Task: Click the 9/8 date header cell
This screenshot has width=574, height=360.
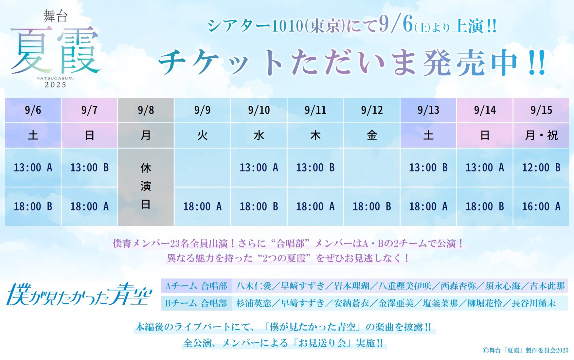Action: (x=146, y=110)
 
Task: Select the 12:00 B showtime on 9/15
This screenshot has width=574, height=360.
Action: (x=541, y=168)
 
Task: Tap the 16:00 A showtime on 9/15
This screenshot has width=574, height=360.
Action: (x=541, y=207)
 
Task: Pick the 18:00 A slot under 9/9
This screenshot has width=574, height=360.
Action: (x=202, y=207)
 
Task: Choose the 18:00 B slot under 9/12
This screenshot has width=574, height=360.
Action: (x=372, y=207)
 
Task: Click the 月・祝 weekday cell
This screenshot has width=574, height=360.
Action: (x=541, y=135)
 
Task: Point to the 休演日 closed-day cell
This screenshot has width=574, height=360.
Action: (x=146, y=187)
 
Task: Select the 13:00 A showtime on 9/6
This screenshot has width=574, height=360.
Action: (x=33, y=168)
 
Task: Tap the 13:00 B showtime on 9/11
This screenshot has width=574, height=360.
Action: (x=315, y=168)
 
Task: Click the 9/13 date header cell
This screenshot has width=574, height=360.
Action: (x=428, y=110)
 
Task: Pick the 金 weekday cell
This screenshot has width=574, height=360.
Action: (x=372, y=135)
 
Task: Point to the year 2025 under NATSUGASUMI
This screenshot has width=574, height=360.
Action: (x=56, y=85)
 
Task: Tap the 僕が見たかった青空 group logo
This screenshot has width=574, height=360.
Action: (x=79, y=294)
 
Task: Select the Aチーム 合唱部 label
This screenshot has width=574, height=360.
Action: (x=196, y=286)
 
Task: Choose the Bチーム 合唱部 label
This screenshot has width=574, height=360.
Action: (x=196, y=303)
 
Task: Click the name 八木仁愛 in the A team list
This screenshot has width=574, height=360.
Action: (x=254, y=286)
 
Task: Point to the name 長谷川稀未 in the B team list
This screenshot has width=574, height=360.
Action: (x=534, y=303)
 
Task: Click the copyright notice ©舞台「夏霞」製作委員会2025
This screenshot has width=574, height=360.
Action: (x=525, y=350)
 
